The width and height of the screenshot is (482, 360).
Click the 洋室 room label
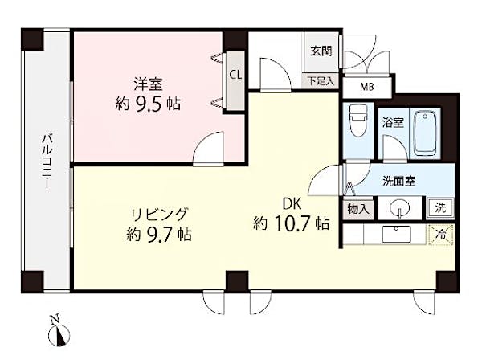point(148,84)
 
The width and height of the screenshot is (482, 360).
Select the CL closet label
point(235,75)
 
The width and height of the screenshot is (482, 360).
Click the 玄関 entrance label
point(321,51)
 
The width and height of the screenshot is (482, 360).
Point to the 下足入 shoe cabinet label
point(321,81)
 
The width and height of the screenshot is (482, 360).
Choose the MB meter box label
point(367,87)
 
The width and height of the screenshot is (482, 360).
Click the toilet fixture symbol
point(357,121)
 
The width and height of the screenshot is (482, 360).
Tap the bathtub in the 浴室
point(424,133)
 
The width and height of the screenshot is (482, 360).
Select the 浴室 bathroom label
point(393,123)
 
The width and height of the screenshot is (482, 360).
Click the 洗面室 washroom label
point(398,181)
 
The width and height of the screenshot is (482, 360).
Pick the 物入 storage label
point(358,209)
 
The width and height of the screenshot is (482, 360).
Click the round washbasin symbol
point(399,209)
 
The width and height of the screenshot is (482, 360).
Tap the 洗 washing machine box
point(440,208)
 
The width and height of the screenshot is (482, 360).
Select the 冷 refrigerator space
point(441,235)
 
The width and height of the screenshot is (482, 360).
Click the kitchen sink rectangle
point(396,235)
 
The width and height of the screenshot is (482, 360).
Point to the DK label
point(292,204)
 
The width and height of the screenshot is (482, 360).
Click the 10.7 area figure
point(291,223)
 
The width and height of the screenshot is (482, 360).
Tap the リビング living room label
point(159,215)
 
